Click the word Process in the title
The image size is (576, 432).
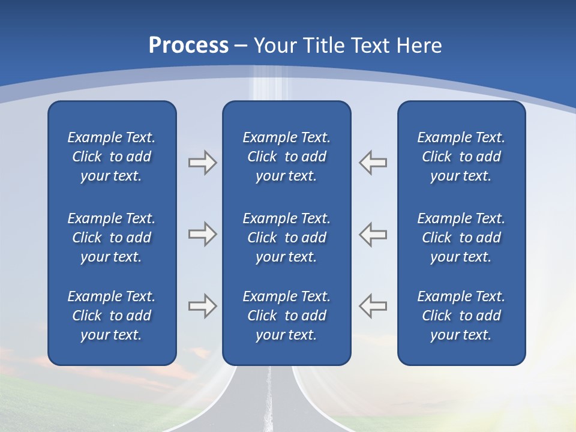coord(188,46)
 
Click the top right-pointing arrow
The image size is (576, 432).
coord(202,163)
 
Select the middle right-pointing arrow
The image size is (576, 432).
coord(202,234)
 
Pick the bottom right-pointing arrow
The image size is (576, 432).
coord(202,306)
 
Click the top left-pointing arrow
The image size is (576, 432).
coord(373,163)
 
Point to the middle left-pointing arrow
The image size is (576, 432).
coord(373,234)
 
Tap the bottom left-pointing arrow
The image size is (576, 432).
coord(373,306)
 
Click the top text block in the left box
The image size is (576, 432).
coord(112,157)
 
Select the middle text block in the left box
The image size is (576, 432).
coord(112,238)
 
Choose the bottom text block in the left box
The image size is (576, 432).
coord(112,316)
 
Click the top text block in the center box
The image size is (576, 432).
coord(286,157)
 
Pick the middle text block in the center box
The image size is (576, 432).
coord(286,238)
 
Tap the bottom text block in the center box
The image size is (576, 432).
coord(286,316)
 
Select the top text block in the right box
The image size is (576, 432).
coord(461,157)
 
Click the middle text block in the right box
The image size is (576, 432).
coord(461,238)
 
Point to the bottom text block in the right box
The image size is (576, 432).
coord(461,316)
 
